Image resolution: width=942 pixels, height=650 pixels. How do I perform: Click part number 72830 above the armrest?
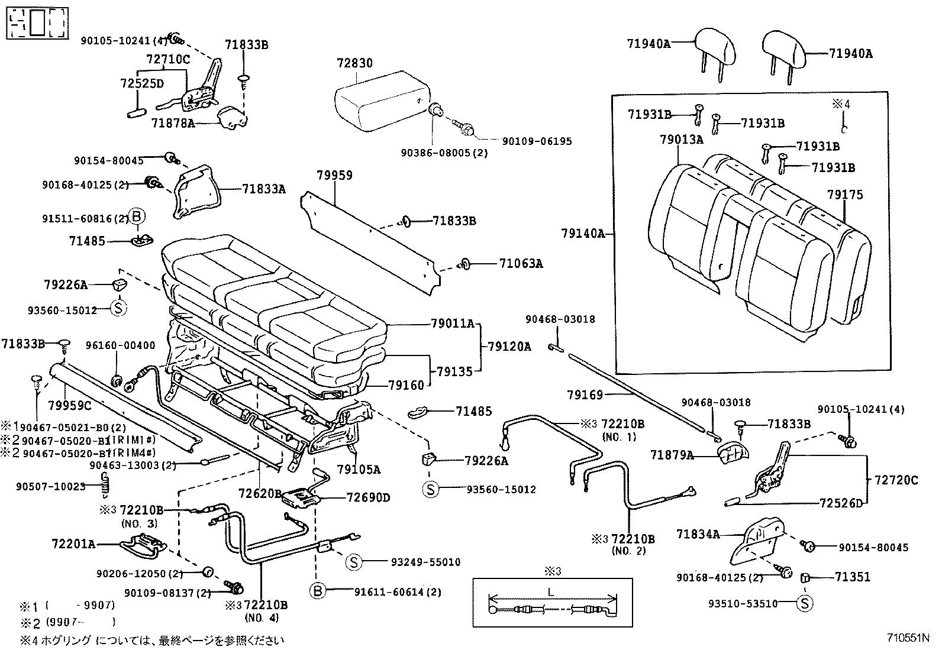355,63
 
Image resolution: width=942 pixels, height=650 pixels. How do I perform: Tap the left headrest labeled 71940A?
717,47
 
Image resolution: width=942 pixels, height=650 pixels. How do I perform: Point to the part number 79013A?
682,140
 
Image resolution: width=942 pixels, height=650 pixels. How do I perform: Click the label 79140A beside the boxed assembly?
583,234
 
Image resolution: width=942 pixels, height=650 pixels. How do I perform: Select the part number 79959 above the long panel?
334,175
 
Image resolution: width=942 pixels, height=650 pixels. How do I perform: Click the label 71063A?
521,264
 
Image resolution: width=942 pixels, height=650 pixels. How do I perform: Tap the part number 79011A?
453,324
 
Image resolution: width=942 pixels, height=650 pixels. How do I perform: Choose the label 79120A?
509,347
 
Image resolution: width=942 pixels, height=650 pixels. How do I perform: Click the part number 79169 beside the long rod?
585,394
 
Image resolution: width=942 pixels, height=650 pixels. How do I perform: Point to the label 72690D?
368,497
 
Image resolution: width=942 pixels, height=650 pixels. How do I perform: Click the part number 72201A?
73,543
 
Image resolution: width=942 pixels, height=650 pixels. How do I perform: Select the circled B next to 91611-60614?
318,591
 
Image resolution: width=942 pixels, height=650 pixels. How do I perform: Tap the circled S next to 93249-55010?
353,562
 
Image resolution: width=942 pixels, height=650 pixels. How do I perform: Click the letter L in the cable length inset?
551,591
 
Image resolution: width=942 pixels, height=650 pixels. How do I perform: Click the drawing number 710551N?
908,638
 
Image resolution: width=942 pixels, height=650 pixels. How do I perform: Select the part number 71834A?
698,535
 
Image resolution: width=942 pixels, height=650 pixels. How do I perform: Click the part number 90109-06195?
537,141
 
